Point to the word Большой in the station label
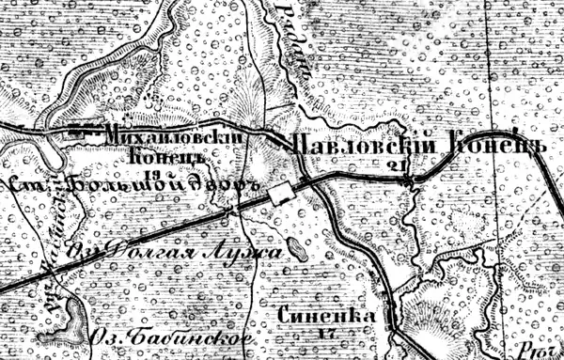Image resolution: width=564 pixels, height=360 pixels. coord(114,185)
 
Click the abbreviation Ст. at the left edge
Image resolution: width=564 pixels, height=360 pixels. coord(26,186)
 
